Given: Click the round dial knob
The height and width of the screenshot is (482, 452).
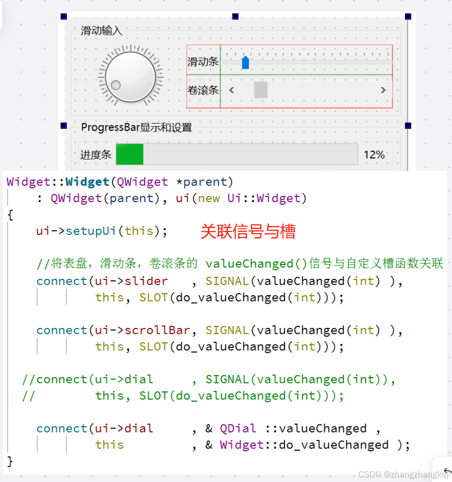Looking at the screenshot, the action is coord(130,75).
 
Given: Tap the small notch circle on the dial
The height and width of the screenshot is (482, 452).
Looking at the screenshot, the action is coord(116,85).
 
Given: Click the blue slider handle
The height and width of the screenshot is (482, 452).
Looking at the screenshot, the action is coord(245,63).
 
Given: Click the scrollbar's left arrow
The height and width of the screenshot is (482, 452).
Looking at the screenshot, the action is coord(231,90).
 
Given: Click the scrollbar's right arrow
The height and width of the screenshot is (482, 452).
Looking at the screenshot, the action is coord(383,90).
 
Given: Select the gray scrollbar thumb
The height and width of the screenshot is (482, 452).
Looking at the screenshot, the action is coord(261,90).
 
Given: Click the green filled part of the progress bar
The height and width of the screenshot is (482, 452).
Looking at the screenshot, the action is coord(130,155).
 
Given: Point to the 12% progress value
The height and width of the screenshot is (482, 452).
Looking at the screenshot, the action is coord(374,155).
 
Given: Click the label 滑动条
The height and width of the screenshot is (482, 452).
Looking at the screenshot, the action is coord(203,62).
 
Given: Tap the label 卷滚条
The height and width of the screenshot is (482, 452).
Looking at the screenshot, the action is coord(203,90).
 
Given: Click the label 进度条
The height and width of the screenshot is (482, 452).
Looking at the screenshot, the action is coord(96,155).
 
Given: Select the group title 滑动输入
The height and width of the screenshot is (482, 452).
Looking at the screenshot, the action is coord(101,31).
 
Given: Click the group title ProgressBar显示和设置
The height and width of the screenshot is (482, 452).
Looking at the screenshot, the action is coord(136,127).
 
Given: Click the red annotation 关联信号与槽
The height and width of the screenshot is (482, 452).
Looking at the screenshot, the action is coord(248,231).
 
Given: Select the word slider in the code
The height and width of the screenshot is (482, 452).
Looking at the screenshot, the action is coord(146,281).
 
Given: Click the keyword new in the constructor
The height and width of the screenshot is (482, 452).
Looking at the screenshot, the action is coord(209,199).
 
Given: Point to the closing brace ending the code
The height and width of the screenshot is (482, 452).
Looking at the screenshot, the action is coord(10,462).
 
